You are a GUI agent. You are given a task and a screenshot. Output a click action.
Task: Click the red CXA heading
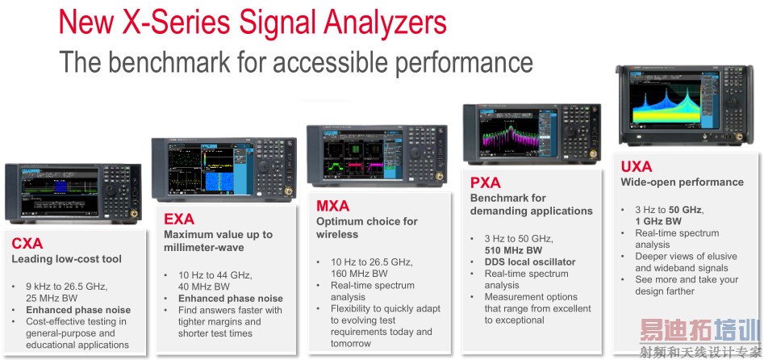tap(27, 243)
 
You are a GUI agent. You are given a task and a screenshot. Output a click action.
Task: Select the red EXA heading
tap(179, 219)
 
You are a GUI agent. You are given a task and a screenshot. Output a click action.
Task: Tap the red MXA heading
tap(333, 206)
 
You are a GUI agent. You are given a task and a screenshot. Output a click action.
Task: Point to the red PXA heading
tap(486, 183)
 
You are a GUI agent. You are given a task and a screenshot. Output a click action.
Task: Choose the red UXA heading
tap(637, 167)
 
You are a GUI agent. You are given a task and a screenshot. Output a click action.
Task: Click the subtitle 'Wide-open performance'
tap(683, 182)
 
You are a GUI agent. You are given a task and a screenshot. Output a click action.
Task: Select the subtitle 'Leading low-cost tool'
tap(67, 259)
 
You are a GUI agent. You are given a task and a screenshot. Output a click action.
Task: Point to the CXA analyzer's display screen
tap(60, 193)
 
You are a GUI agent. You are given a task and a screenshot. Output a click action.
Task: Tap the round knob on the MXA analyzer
tap(415, 153)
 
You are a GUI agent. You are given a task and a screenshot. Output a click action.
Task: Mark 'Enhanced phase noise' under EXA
tap(231, 299)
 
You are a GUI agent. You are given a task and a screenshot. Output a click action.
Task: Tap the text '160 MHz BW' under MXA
tap(359, 273)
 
